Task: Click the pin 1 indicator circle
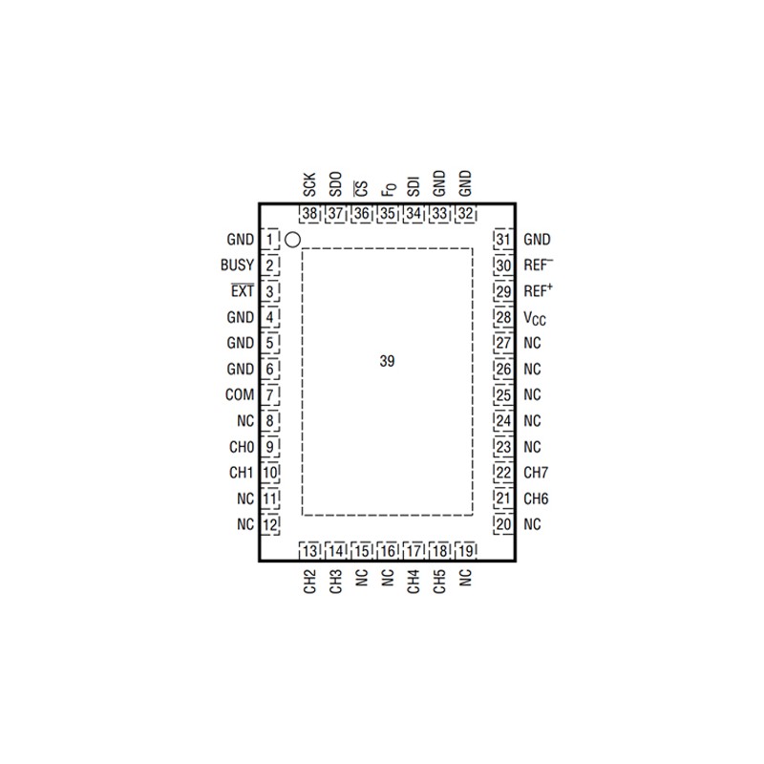pos(292,240)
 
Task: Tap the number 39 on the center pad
pos(387,361)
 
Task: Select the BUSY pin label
pos(237,265)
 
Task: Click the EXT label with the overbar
pos(243,290)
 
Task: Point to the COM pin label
pos(240,394)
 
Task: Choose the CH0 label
pos(242,447)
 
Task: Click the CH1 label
pos(242,473)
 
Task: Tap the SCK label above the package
pos(309,184)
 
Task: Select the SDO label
pos(336,184)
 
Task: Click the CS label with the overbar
pos(361,188)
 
